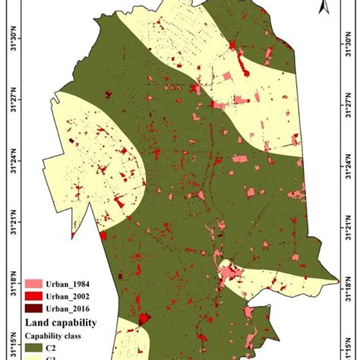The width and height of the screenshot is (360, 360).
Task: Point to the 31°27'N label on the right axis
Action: click(x=351, y=104)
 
